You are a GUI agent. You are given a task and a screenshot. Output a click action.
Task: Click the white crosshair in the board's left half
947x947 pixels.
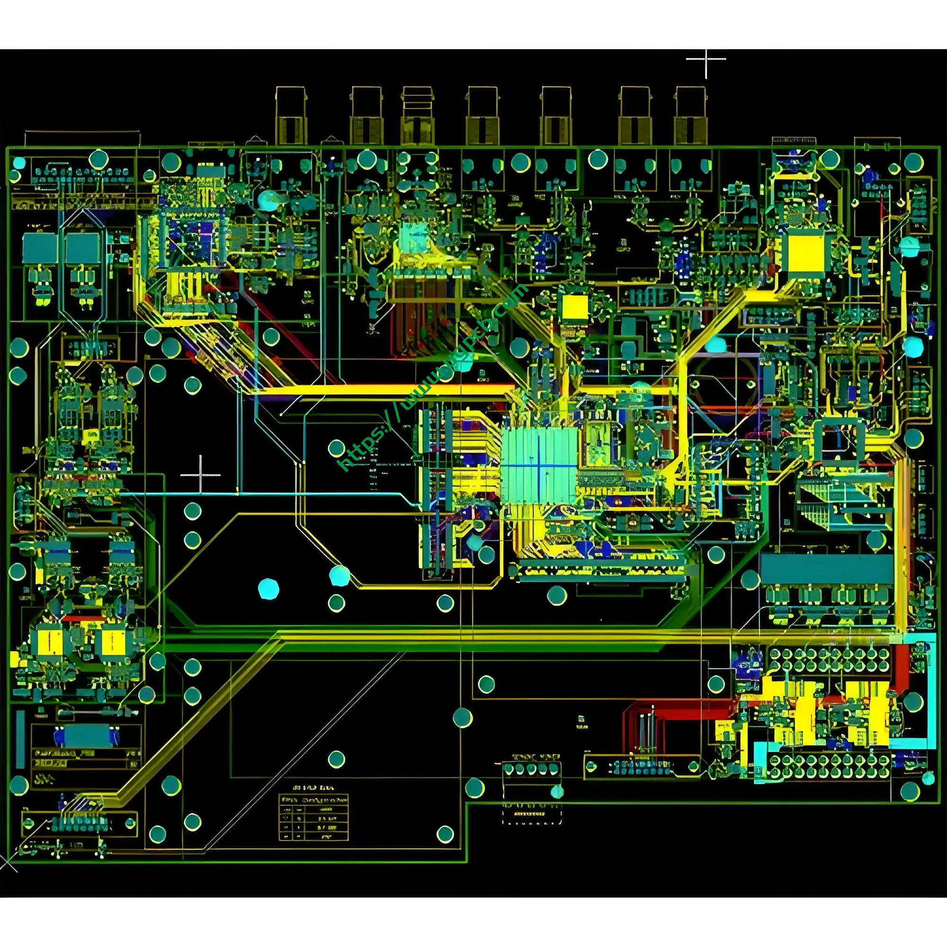200,474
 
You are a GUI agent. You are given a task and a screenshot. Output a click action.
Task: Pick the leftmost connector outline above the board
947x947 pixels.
291,116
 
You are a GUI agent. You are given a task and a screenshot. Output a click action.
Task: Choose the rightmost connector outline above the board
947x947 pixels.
691,116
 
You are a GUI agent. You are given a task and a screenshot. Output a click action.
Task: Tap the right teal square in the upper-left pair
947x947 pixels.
82,248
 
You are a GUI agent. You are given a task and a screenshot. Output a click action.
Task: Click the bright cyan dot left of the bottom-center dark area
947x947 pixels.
268,588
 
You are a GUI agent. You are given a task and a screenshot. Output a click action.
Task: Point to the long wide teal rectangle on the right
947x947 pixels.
826,569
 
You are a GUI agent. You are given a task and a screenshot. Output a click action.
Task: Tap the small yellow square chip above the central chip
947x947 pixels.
574,309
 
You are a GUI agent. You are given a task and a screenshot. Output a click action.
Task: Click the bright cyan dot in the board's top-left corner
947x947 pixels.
18,162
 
